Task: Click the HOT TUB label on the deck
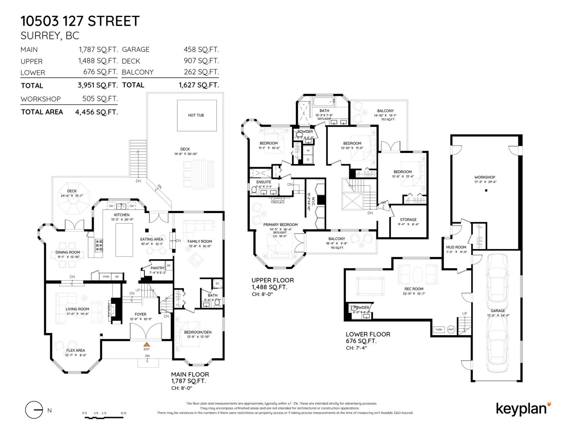click(x=196, y=115)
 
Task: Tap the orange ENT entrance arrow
click(x=147, y=345)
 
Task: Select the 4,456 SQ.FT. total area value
click(x=96, y=112)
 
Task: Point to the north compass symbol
click(x=34, y=410)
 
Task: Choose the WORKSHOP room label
click(x=485, y=177)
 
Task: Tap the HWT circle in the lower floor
click(x=451, y=329)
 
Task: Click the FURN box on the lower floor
click(x=438, y=329)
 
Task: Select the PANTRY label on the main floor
click(x=157, y=268)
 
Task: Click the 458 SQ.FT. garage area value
click(x=201, y=50)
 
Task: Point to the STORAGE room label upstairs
click(x=408, y=220)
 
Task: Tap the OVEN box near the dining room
click(x=106, y=276)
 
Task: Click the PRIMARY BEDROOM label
click(x=280, y=225)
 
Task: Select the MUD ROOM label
click(x=456, y=247)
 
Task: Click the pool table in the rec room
click(x=370, y=286)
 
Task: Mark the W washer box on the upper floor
click(x=308, y=151)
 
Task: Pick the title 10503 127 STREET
click(x=80, y=21)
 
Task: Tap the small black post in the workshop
click(x=486, y=190)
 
